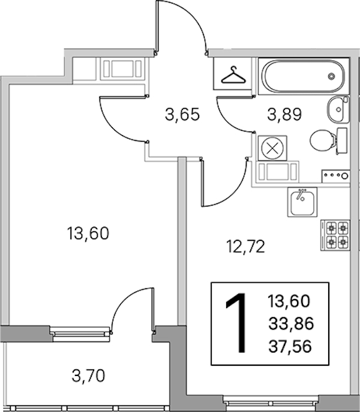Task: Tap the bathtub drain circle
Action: [x=331, y=76]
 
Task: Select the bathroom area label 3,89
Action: [x=284, y=114]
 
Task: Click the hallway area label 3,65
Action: [x=182, y=115]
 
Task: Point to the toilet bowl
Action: [x=322, y=140]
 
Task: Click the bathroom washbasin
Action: [x=338, y=109]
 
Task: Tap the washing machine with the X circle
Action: [x=272, y=148]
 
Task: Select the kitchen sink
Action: [x=302, y=202]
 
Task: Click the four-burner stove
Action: [x=335, y=235]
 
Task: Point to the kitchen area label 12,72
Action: [x=245, y=247]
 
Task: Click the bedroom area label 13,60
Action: [x=88, y=233]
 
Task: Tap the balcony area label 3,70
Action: [x=88, y=375]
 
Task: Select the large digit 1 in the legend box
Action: [x=238, y=323]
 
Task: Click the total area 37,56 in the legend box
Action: [x=290, y=346]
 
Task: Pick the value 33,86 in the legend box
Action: [x=291, y=324]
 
